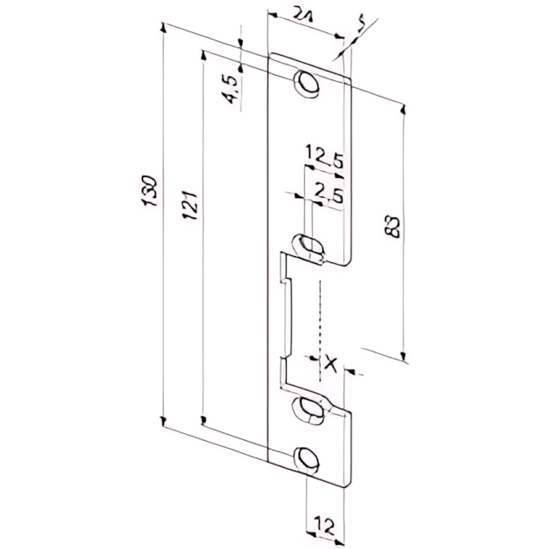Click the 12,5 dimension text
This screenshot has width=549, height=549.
click(x=323, y=159)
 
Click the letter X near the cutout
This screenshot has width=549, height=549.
click(x=329, y=365)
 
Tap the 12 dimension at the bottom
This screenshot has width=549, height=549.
click(x=323, y=525)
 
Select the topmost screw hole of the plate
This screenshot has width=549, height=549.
click(x=306, y=83)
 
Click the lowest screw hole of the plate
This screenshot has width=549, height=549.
click(x=306, y=459)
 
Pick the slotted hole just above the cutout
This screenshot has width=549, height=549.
click(x=306, y=243)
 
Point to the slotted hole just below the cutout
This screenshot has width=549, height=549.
click(x=306, y=405)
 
